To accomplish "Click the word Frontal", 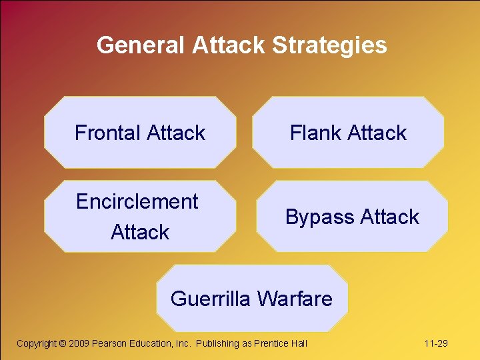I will coord(108,133).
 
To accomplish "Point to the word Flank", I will coord(315,133).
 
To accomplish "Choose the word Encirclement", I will coord(137,201).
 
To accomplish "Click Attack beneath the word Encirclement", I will coord(140,232).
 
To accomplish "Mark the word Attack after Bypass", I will coord(389,217).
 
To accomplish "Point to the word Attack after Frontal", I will coord(176,133).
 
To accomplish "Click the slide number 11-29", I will coord(435,343).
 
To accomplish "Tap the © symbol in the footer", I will coord(63,343).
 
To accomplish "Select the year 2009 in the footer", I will coord(79,343).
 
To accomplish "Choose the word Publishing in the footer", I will coord(217,343).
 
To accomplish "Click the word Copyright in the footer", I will coord(36,343).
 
